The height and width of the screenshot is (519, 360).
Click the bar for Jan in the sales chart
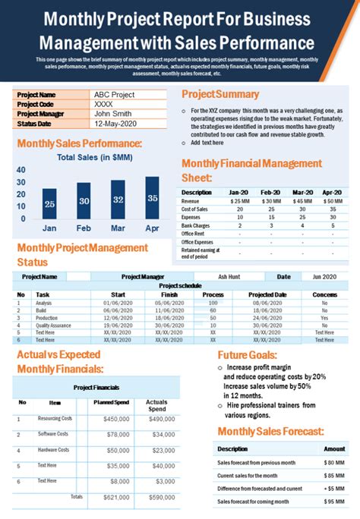49,203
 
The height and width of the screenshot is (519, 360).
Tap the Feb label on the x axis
84,228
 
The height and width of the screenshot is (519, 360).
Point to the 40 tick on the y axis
21,170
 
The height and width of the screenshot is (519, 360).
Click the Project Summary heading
220,94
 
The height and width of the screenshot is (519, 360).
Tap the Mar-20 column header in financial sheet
302,193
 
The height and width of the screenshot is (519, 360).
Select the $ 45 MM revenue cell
302,201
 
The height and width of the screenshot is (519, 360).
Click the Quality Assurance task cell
53,325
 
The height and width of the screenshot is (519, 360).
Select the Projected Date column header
267,294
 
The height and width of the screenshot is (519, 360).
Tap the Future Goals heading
247,354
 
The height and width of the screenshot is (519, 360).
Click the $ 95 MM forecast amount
334,502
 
